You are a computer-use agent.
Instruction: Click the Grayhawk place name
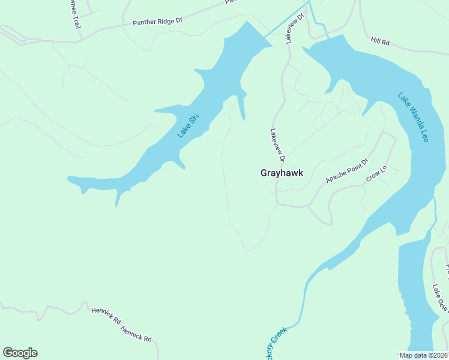(x=282, y=173)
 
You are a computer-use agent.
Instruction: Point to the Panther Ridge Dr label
(x=157, y=22)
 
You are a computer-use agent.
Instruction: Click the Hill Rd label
(x=380, y=41)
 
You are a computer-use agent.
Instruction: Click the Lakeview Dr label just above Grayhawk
(x=277, y=145)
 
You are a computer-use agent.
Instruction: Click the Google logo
(x=20, y=353)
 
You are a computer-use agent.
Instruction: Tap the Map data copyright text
(x=423, y=355)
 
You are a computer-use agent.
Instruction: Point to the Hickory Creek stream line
(x=304, y=300)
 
